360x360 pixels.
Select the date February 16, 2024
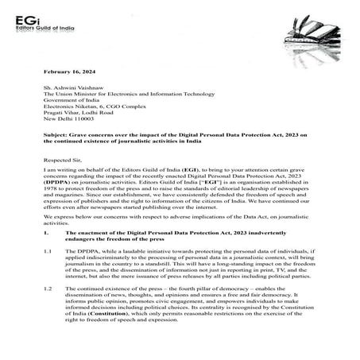(71, 72)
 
